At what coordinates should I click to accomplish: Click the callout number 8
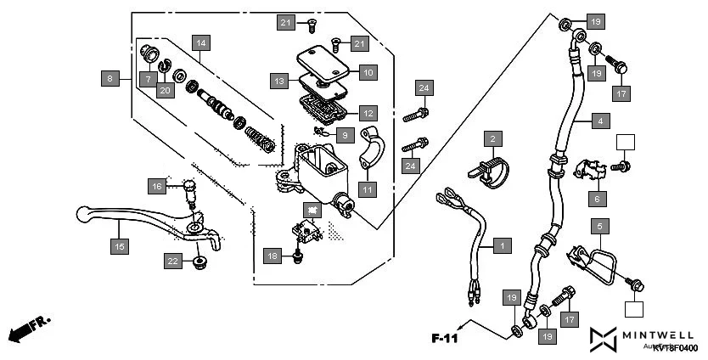click(x=109, y=79)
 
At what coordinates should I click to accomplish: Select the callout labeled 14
click(x=200, y=42)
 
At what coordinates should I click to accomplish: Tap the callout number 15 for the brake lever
click(x=120, y=246)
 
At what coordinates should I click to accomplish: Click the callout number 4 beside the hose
click(x=599, y=121)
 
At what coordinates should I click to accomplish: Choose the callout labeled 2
click(x=492, y=138)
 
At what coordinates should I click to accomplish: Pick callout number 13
click(x=279, y=82)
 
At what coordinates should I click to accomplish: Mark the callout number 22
click(x=172, y=262)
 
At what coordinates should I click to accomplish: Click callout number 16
click(x=156, y=186)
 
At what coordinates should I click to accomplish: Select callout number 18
click(x=272, y=256)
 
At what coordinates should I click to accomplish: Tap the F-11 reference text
click(x=444, y=338)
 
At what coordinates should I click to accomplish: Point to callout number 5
click(x=599, y=227)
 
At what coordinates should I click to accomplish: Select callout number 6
click(x=597, y=199)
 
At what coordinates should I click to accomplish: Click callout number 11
click(x=366, y=189)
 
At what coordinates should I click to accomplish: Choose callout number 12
click(x=366, y=112)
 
